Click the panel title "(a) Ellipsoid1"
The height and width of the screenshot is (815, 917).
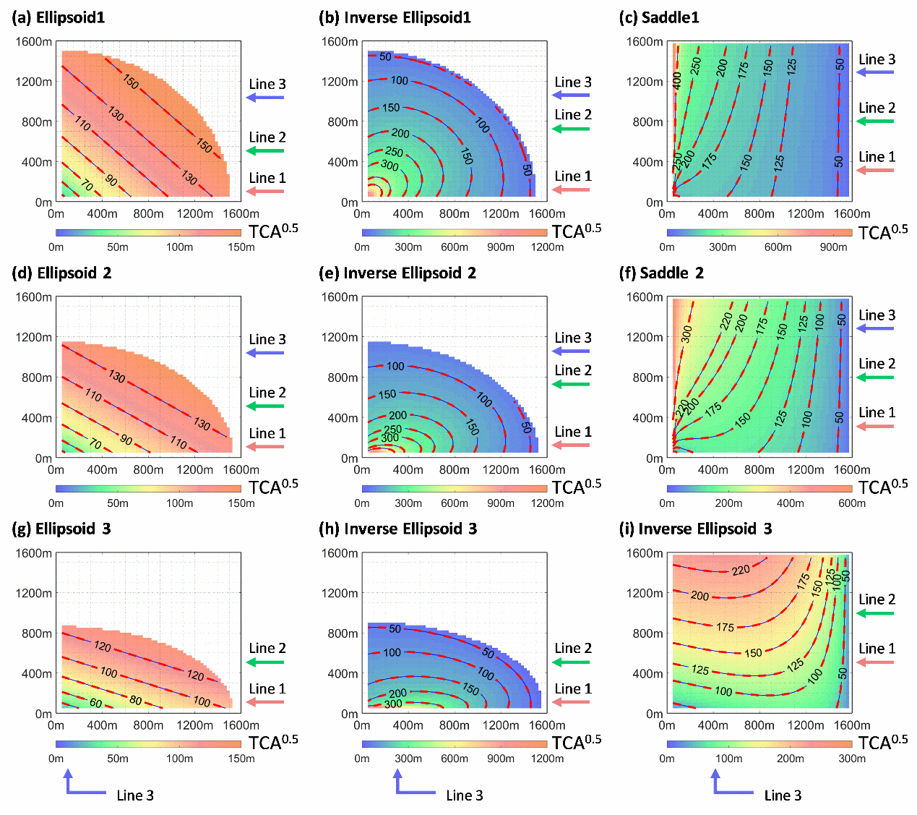click(x=59, y=17)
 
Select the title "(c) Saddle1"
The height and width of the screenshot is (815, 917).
click(x=659, y=17)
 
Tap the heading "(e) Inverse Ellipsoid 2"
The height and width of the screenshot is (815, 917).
click(x=397, y=273)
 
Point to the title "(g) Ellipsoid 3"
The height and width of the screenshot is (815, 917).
click(x=61, y=529)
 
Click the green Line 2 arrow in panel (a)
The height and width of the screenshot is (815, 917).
click(x=265, y=150)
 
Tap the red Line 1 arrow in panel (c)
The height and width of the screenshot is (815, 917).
click(x=875, y=170)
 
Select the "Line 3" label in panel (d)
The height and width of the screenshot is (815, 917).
click(x=267, y=339)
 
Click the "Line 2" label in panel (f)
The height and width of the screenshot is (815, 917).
click(x=877, y=364)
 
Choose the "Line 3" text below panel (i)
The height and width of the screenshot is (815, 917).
click(x=783, y=795)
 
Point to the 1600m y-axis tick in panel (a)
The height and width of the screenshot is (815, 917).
click(x=34, y=41)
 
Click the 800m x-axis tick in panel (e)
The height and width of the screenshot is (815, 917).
click(x=454, y=469)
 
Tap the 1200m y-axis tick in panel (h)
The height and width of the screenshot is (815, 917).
click(x=340, y=593)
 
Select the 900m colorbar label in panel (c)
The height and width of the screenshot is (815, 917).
click(x=833, y=247)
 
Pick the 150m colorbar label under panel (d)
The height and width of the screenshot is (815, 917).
click(x=241, y=503)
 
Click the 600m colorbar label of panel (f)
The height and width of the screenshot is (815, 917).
click(x=852, y=503)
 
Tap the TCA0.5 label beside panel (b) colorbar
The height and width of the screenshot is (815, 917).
click(x=576, y=231)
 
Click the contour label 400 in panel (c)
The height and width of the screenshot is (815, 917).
click(x=677, y=80)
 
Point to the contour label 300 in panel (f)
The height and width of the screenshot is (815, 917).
click(x=686, y=333)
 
